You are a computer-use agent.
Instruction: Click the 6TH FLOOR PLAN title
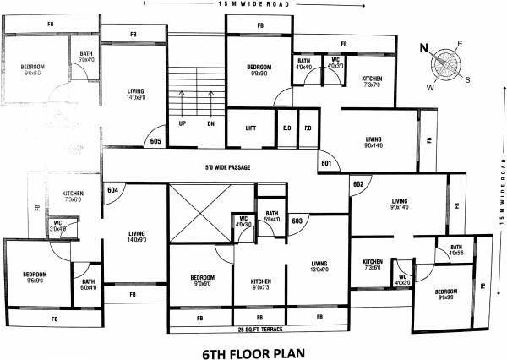[x=253, y=349]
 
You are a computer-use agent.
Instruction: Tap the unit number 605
[x=155, y=141]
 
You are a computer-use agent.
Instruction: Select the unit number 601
[x=328, y=163]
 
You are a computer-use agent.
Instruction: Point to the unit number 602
[x=358, y=184]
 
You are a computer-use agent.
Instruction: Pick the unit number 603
[x=297, y=221]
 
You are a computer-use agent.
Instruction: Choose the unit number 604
[x=112, y=190]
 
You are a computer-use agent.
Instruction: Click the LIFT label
[x=250, y=128]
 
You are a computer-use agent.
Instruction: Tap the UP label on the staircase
[x=183, y=123]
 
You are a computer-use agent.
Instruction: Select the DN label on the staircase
[x=210, y=123]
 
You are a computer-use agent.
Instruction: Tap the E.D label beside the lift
[x=287, y=128]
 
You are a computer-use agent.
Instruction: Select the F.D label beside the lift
[x=308, y=128]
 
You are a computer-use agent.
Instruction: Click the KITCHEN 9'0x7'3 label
[x=260, y=284]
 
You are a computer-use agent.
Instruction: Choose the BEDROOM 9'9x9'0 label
[x=259, y=70]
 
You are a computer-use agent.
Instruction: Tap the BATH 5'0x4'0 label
[x=271, y=216]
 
